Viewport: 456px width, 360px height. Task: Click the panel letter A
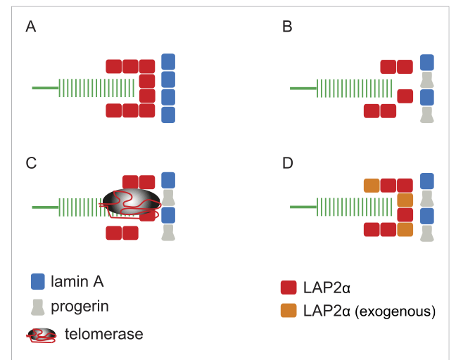[31, 27]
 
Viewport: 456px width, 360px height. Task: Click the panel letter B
[287, 27]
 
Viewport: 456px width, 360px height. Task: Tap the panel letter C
[31, 163]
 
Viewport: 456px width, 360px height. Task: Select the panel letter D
[288, 163]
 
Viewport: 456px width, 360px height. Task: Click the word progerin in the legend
[80, 307]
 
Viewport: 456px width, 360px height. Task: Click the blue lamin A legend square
[38, 281]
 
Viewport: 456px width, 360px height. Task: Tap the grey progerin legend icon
[38, 307]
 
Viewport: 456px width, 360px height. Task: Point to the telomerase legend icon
[42, 335]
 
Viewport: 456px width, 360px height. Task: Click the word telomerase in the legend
[104, 334]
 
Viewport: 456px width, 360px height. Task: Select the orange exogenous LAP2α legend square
[289, 311]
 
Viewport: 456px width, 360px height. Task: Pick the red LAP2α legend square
[289, 288]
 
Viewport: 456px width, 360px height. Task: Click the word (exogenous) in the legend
[395, 311]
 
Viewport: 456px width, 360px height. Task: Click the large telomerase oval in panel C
[132, 202]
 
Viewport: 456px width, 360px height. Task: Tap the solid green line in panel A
[45, 88]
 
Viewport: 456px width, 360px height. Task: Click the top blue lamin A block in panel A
[168, 62]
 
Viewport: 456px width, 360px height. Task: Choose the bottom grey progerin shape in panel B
[427, 115]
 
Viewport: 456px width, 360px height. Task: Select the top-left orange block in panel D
[372, 186]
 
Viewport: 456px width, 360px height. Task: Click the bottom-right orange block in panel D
[405, 229]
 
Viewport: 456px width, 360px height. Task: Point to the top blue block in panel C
[168, 180]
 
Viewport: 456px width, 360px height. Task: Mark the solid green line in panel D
[303, 207]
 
